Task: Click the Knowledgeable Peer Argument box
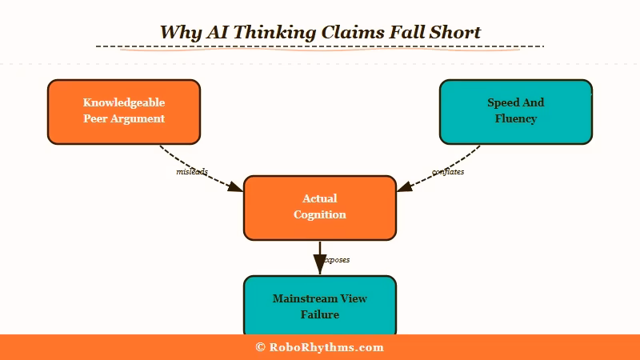pos(124,112)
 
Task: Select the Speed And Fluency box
pos(516,112)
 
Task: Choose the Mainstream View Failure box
pos(320,306)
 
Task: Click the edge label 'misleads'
pos(192,172)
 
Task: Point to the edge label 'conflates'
pos(448,172)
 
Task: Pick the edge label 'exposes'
pos(337,260)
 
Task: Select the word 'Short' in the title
pos(454,32)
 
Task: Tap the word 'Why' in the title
pos(178,32)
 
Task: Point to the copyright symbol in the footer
pos(260,347)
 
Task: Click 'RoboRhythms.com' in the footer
pos(326,347)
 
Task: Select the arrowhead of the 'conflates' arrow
pos(405,188)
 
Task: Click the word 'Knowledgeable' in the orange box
pos(124,102)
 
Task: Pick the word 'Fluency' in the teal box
pos(516,118)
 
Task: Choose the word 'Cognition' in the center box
pos(320,214)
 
